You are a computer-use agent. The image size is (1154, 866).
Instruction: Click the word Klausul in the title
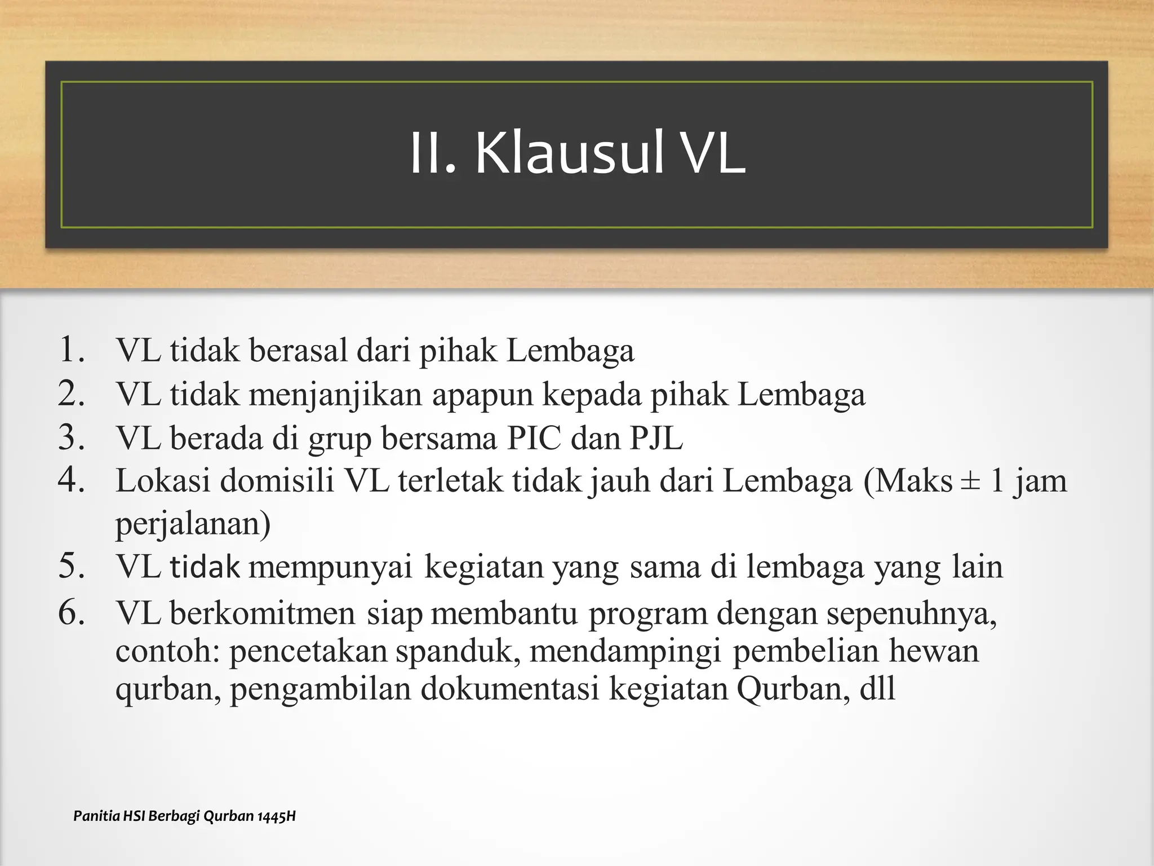click(570, 153)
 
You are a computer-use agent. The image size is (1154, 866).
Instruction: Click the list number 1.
click(72, 349)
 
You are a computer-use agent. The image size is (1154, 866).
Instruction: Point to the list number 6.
click(72, 612)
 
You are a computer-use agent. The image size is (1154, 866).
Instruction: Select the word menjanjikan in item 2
click(335, 394)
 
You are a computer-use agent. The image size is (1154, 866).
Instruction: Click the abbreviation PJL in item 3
click(656, 438)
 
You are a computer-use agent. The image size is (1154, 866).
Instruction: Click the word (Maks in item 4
click(908, 481)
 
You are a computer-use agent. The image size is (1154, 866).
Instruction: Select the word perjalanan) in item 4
click(193, 524)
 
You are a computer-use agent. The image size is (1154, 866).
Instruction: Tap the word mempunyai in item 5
click(331, 567)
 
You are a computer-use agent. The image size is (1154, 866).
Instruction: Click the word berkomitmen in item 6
click(263, 613)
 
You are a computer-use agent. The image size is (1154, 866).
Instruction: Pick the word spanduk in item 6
click(457, 651)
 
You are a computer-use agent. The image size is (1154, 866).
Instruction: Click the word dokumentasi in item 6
click(510, 688)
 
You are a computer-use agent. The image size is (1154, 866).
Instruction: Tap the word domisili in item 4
click(277, 481)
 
